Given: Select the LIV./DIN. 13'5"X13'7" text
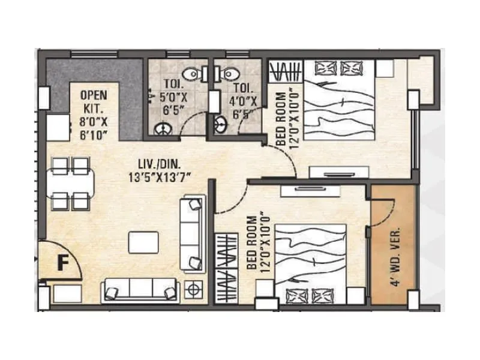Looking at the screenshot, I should [x=167, y=170].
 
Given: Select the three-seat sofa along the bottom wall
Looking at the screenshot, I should [x=139, y=290].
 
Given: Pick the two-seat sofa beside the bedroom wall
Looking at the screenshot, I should [x=192, y=233].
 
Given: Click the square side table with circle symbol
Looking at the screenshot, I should [x=194, y=289].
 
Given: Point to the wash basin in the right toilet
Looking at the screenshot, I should [x=220, y=125].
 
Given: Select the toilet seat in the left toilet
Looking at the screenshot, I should [x=191, y=74].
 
